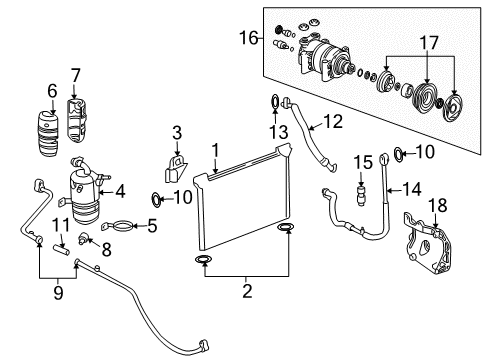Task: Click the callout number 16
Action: (249, 39)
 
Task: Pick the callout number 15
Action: (362, 161)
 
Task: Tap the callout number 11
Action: (59, 224)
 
